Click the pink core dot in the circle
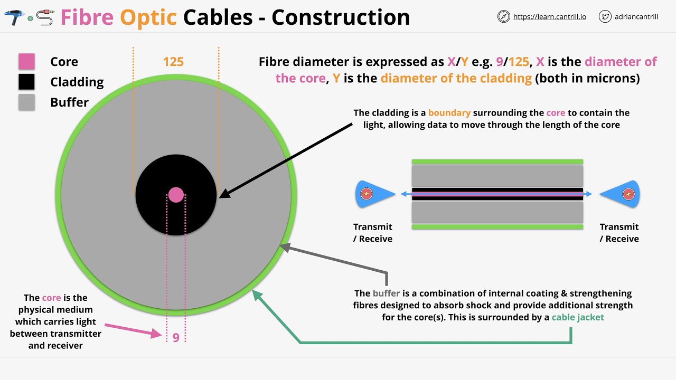pyautogui.click(x=176, y=195)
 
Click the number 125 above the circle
pyautogui.click(x=173, y=62)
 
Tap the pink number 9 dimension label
pyautogui.click(x=176, y=337)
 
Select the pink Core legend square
pyautogui.click(x=26, y=62)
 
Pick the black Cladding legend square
pyautogui.click(x=26, y=82)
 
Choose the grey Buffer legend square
pyautogui.click(x=26, y=102)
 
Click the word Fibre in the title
pyautogui.click(x=87, y=17)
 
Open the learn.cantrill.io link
pyautogui.click(x=549, y=17)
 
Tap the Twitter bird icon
pyautogui.click(x=605, y=16)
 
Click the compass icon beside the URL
pyautogui.click(x=504, y=16)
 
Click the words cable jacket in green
pyautogui.click(x=578, y=317)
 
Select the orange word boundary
pyautogui.click(x=449, y=112)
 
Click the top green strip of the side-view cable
pyautogui.click(x=497, y=162)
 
